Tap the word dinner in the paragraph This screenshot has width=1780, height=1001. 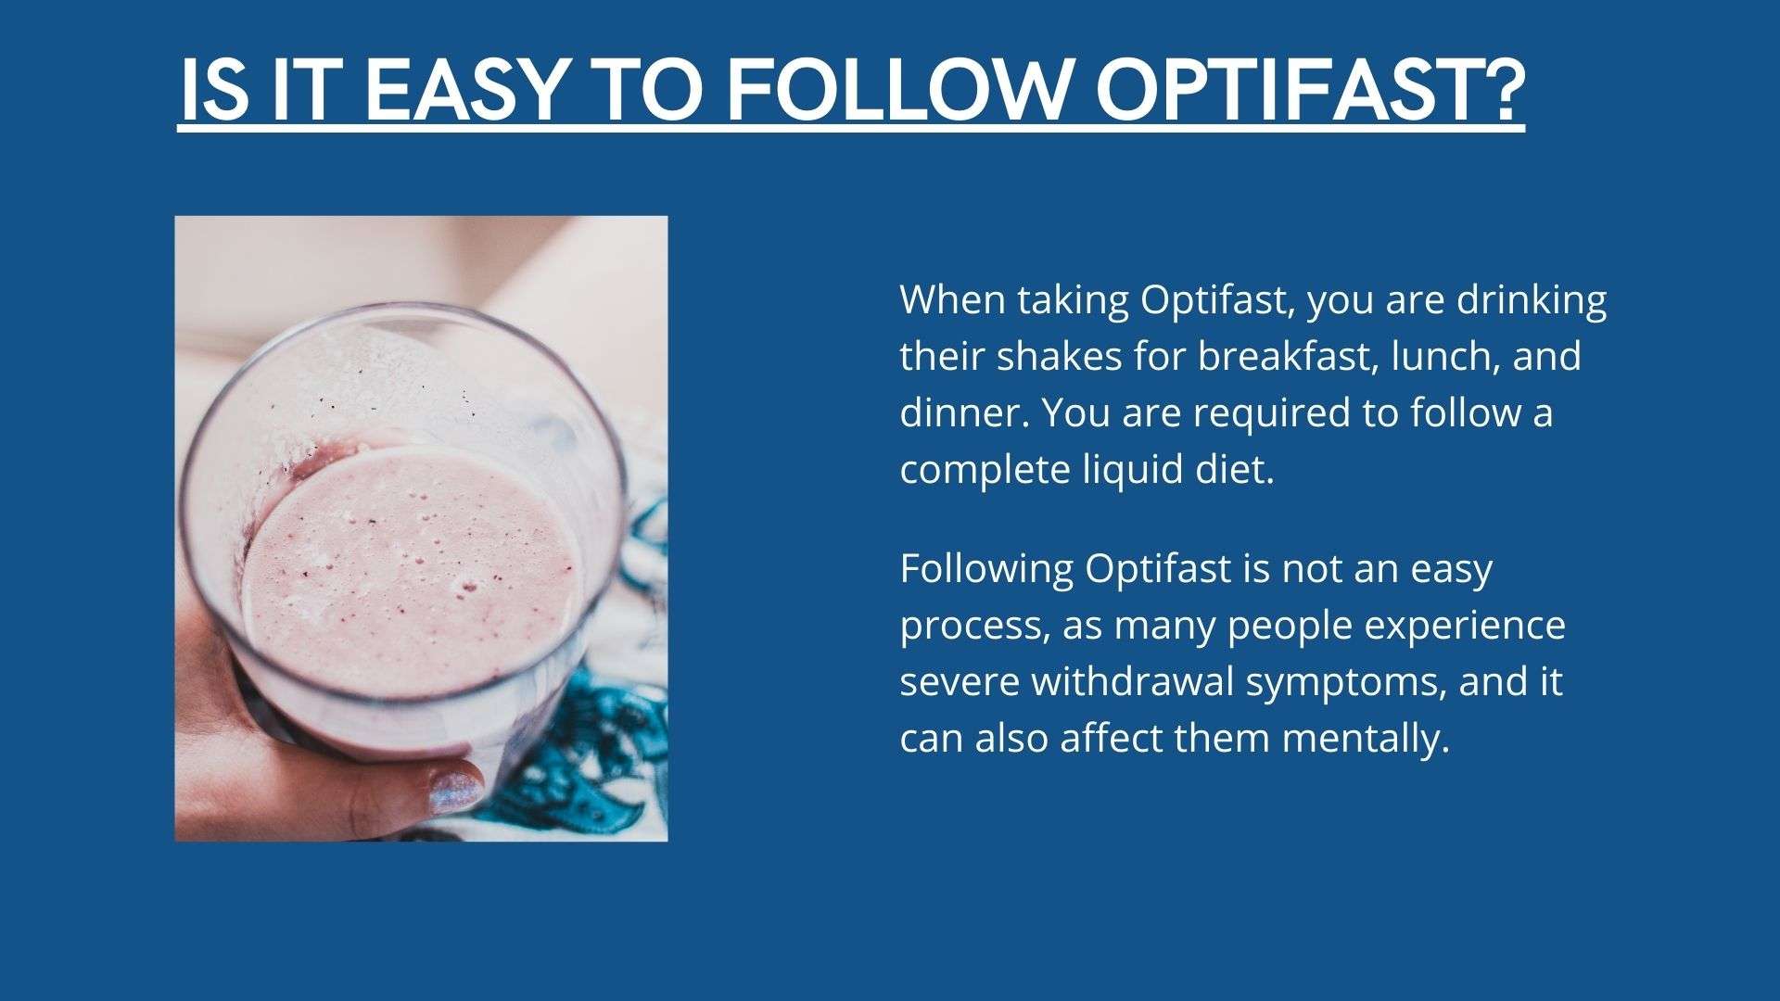coord(963,412)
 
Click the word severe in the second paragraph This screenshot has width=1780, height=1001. coord(960,682)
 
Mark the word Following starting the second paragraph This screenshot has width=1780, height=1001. coord(986,569)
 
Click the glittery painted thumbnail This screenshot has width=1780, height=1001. coord(454,790)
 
